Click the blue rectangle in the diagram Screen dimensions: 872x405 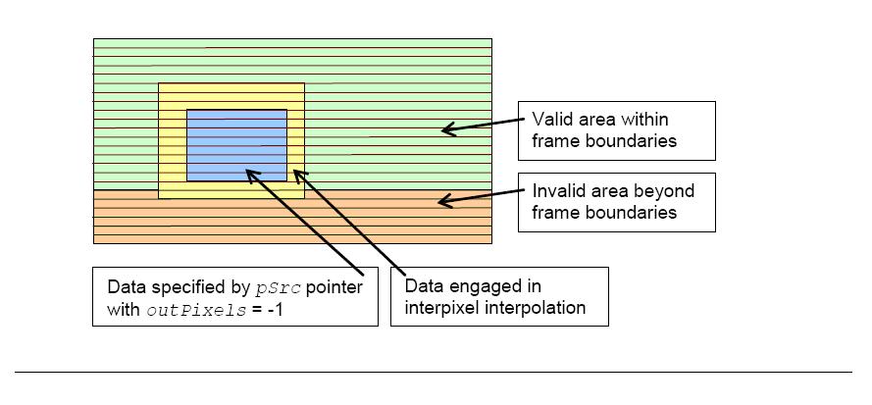click(x=237, y=145)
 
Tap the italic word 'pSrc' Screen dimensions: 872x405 click(x=279, y=288)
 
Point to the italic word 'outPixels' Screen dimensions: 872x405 click(x=196, y=311)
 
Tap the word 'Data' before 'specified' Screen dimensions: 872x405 click(x=124, y=287)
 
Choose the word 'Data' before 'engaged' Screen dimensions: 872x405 click(x=421, y=287)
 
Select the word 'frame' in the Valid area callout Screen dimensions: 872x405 click(x=554, y=141)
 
